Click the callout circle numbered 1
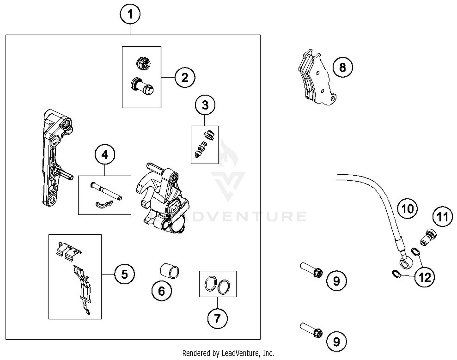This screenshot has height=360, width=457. click(x=130, y=14)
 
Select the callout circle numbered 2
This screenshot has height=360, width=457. click(x=185, y=77)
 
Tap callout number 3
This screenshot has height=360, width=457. click(x=205, y=105)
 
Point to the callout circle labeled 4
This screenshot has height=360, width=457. click(x=105, y=155)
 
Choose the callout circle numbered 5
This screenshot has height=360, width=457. click(x=125, y=274)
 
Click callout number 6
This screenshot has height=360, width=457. click(x=161, y=291)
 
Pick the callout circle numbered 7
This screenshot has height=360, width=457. click(x=217, y=319)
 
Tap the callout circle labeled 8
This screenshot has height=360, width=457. click(x=342, y=67)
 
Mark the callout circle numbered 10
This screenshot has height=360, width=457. click(x=408, y=209)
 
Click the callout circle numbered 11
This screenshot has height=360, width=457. click(x=443, y=217)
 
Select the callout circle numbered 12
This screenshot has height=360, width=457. click(x=425, y=277)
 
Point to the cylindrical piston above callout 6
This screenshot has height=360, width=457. click(x=170, y=271)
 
